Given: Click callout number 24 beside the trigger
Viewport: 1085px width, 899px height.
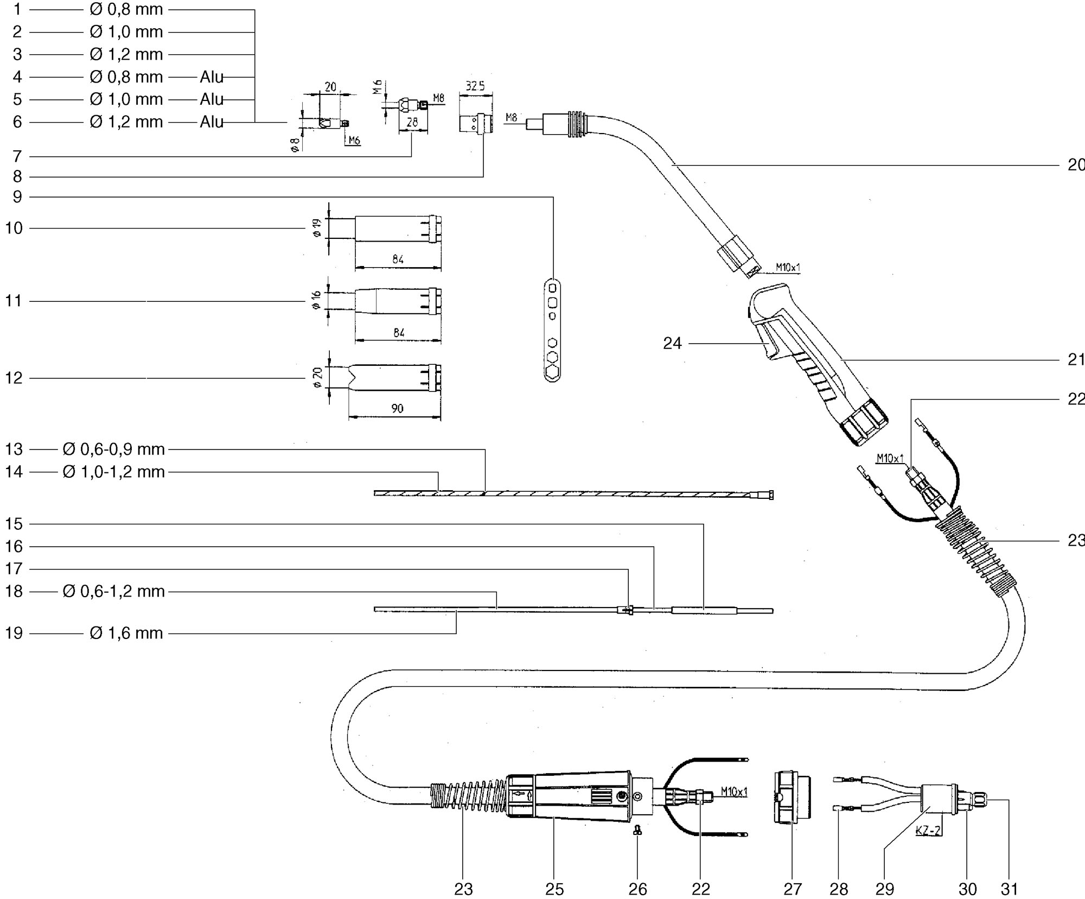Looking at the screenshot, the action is click(672, 344).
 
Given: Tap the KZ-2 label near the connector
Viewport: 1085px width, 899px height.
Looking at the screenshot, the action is click(928, 831).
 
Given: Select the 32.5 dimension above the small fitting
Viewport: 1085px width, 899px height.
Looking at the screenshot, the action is click(475, 86).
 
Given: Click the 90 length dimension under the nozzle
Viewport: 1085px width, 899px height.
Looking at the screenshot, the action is click(397, 408).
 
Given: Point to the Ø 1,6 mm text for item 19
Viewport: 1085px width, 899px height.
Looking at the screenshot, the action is click(126, 633).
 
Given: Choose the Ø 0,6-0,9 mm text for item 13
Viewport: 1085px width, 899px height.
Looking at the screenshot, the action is click(113, 449).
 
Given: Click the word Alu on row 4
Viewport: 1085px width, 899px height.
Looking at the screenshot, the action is click(212, 77).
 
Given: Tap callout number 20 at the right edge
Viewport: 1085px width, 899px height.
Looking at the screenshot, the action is click(1076, 165).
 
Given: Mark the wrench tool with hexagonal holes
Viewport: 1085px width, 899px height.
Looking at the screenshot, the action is click(552, 331).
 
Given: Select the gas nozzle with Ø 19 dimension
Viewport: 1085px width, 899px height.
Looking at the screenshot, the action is click(398, 229).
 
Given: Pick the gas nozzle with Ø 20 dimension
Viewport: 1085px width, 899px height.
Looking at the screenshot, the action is click(394, 378).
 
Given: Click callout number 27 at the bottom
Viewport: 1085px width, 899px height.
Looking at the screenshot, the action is click(793, 889).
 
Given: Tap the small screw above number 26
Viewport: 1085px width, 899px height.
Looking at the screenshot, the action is click(638, 829).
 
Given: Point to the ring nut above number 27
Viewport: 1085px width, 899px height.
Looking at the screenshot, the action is click(792, 797).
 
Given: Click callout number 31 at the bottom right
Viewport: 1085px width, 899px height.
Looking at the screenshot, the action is click(1010, 889).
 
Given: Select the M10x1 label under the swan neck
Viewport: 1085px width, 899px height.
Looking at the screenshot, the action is click(787, 267).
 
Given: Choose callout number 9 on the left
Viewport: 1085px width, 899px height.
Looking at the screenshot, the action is click(17, 197).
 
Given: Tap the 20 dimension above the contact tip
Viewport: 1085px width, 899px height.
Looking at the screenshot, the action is click(330, 87).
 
